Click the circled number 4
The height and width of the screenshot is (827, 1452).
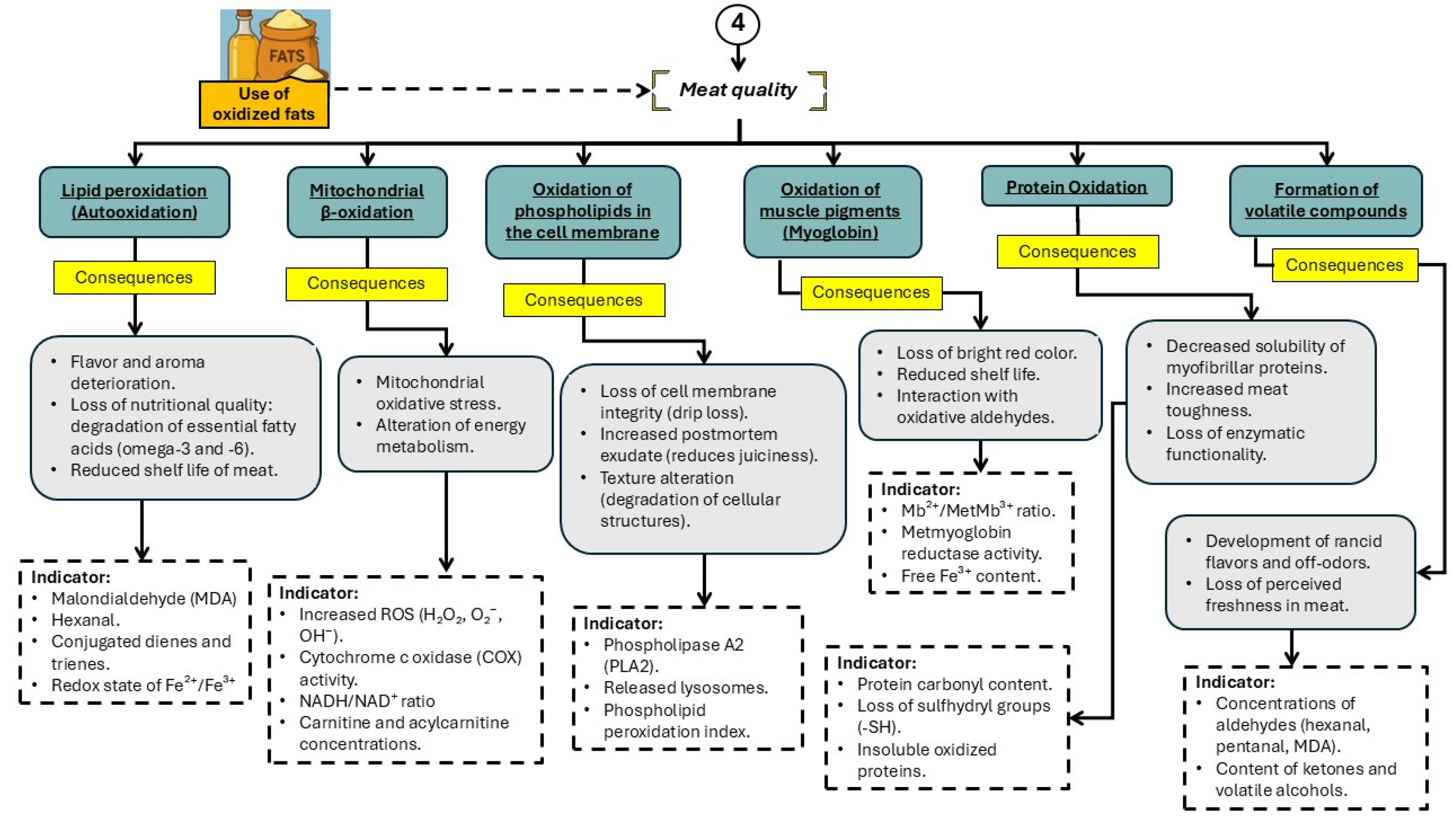737,23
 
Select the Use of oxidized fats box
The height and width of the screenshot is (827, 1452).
263,104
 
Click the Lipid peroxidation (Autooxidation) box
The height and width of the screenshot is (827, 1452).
134,201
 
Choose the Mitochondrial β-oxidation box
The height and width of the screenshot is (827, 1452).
366,201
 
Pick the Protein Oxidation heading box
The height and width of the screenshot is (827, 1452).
1076,187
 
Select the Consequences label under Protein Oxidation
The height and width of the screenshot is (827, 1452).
1077,251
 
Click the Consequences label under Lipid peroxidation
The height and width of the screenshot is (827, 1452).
134,277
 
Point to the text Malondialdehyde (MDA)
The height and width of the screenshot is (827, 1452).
144,598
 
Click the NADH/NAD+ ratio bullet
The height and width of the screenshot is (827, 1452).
366,701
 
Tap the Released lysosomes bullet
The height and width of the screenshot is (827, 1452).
685,688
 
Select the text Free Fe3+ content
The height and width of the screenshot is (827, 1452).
970,576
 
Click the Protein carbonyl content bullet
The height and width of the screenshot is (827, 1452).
954,684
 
